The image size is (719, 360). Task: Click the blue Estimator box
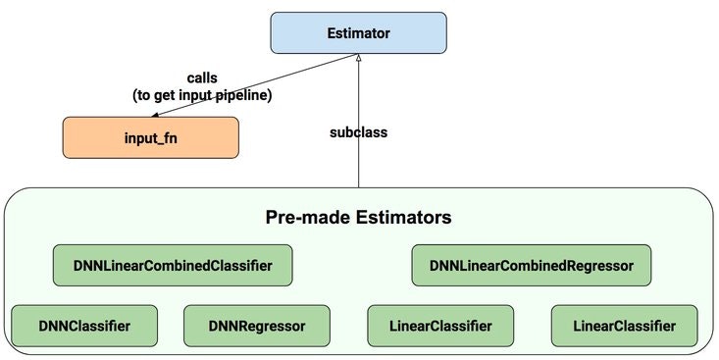click(x=358, y=34)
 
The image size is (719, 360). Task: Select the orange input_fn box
click(x=150, y=138)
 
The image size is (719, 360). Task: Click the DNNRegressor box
click(x=257, y=325)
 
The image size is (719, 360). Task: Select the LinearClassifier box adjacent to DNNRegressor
click(x=441, y=325)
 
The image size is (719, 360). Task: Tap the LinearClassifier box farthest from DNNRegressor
click(x=625, y=325)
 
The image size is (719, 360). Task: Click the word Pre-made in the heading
click(x=307, y=216)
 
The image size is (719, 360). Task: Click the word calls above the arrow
click(x=204, y=77)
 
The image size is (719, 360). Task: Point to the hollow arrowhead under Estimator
click(x=359, y=61)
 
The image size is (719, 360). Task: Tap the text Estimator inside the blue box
click(x=358, y=34)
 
